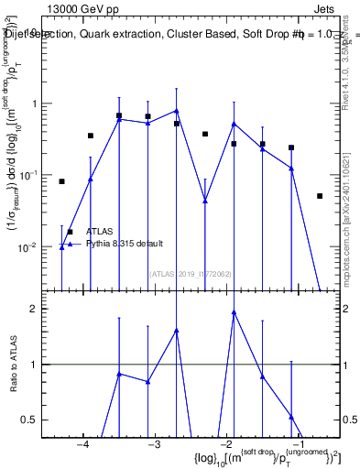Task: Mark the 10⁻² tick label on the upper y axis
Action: (x=35, y=247)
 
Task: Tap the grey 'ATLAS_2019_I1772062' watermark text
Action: (x=190, y=273)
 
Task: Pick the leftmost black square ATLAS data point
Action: (x=61, y=181)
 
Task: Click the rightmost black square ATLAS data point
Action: (x=320, y=196)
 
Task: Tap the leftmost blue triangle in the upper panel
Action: (x=61, y=247)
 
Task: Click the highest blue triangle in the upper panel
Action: (x=177, y=111)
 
